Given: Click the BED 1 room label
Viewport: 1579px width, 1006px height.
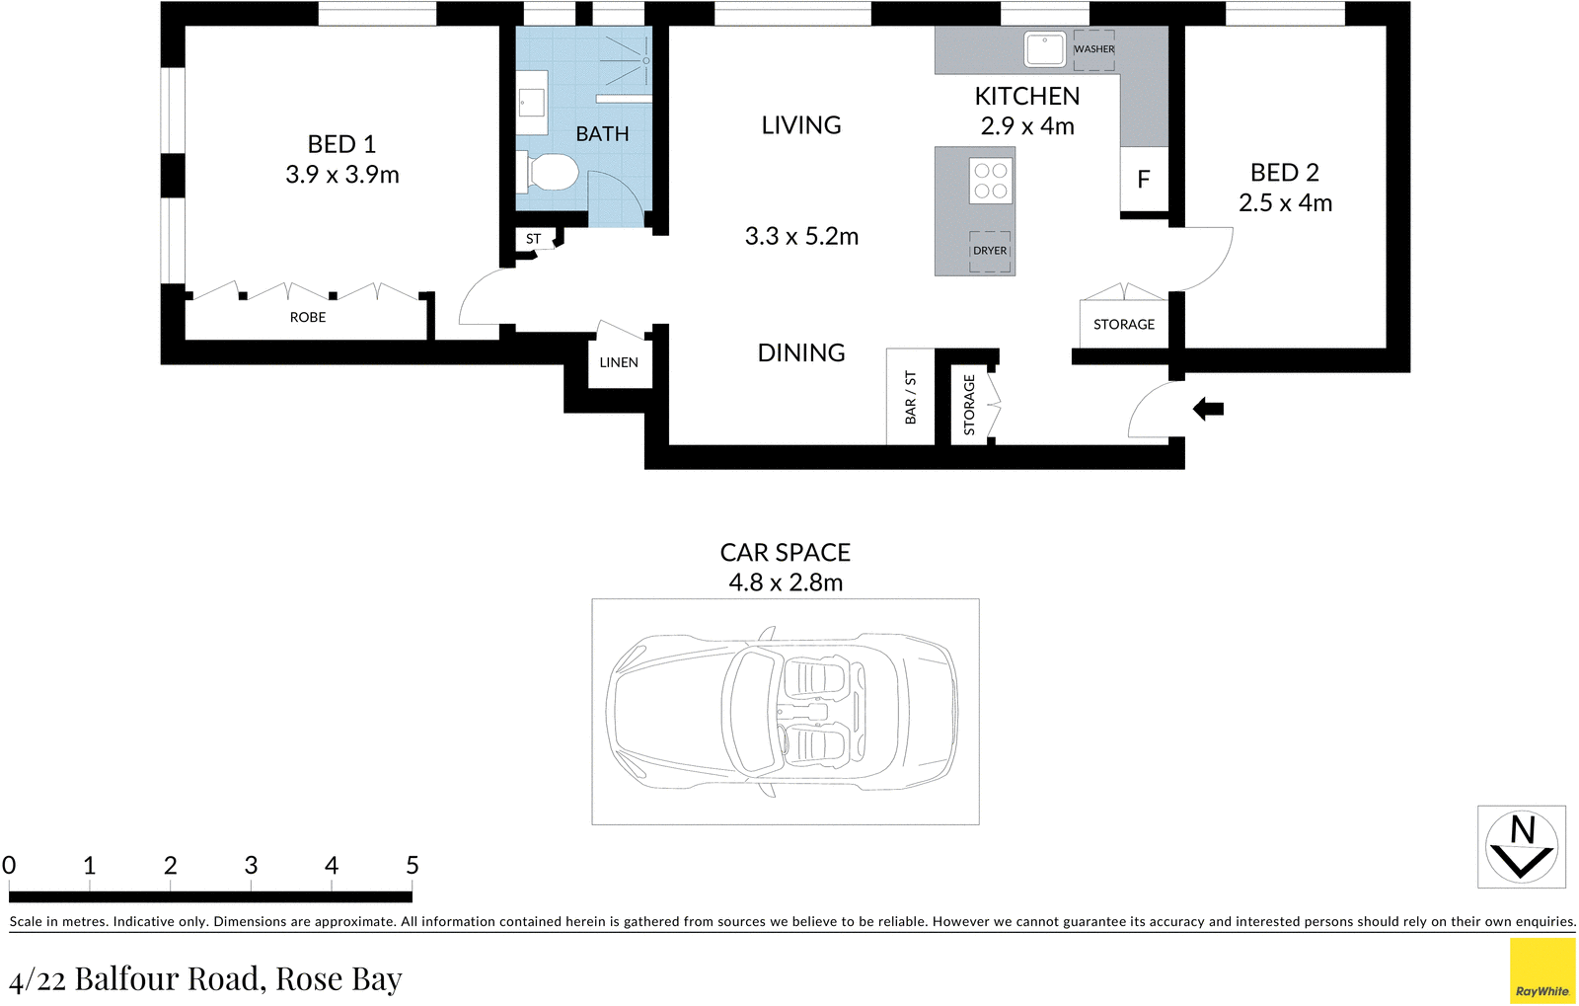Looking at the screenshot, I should (x=341, y=144).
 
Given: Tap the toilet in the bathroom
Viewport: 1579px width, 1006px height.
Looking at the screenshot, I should (x=550, y=173).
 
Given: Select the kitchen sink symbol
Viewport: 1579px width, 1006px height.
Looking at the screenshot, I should (x=1044, y=49).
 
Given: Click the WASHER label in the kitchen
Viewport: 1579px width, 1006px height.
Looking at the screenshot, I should (x=1093, y=49).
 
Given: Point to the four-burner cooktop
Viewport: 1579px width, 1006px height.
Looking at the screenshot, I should (x=990, y=181).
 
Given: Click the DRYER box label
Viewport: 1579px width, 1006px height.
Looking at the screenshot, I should (x=990, y=251).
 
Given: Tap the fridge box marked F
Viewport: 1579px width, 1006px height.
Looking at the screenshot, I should (x=1144, y=180).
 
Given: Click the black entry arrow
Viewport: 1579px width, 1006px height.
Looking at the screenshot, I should (x=1208, y=408).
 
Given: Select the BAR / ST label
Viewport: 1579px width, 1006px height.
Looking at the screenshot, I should (x=910, y=398).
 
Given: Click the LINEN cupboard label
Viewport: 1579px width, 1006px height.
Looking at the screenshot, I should (x=619, y=362).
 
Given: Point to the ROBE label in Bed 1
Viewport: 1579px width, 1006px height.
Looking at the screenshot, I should (x=307, y=317).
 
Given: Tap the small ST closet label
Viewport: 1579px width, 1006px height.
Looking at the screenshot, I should (x=533, y=239).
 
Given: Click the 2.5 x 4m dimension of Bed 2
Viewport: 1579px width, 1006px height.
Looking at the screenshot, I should (x=1285, y=203).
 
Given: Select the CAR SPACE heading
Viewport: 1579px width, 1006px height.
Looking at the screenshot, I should (x=785, y=552).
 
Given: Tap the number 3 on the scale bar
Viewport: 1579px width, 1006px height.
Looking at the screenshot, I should (x=251, y=866).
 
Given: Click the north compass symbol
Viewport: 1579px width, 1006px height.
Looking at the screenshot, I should (x=1521, y=847).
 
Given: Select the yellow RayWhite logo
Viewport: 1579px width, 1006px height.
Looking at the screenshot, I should (x=1541, y=971).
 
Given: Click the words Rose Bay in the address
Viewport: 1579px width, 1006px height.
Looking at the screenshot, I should (x=338, y=978).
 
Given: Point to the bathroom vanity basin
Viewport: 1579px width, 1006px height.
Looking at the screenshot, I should (x=532, y=103).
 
